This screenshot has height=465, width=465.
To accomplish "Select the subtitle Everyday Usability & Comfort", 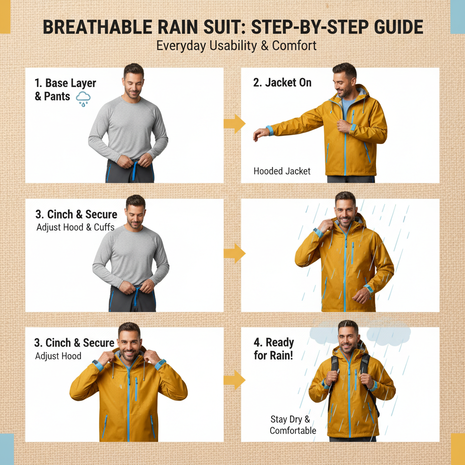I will point(236,46).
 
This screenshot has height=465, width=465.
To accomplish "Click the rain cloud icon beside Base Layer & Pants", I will point(83,98).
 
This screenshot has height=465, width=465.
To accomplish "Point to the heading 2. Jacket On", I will point(282,83).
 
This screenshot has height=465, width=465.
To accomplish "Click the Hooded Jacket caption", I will point(282,171).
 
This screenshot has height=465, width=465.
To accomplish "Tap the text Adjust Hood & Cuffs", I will point(75,227).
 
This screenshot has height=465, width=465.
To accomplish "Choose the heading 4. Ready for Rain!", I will point(274,349).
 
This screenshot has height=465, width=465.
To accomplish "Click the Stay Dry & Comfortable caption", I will point(292,425).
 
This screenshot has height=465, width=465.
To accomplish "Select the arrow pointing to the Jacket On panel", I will point(234,124).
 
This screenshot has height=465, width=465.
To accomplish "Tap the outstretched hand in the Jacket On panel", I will point(260,134).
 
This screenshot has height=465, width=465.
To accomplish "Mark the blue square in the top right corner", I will point(457,17).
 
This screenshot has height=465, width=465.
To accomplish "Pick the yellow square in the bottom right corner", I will point(458,449).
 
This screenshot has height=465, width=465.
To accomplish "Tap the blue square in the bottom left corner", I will point(7,449).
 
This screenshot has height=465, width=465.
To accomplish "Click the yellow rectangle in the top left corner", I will point(5,17).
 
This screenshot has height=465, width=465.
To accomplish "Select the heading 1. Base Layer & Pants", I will point(65,90).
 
